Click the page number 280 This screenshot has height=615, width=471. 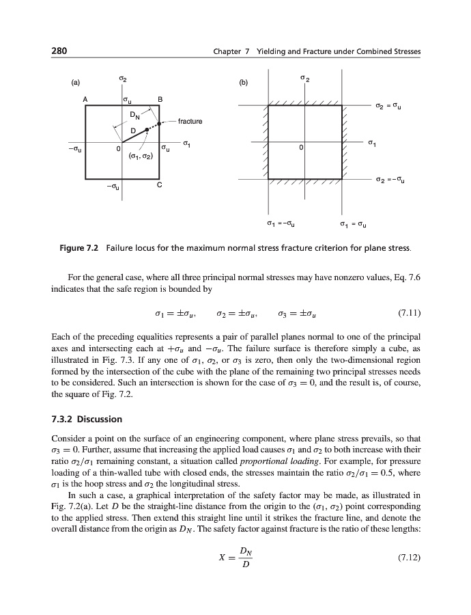tap(59, 52)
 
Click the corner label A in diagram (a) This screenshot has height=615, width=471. tap(85, 99)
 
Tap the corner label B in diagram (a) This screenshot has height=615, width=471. tap(160, 100)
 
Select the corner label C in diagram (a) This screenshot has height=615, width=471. tap(160, 185)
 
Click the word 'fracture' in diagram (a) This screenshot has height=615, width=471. tap(190, 122)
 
